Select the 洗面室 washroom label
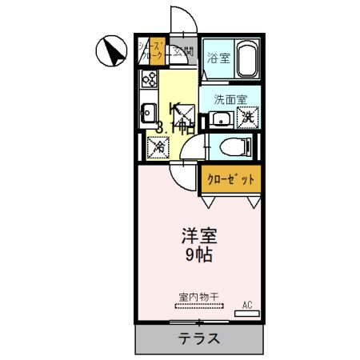230,100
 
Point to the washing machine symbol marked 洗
249,118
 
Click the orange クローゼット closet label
230,179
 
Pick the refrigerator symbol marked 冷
158,146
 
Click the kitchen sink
148,113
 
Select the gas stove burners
149,79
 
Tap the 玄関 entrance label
183,52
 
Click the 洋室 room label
198,238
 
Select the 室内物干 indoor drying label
198,297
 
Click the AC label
247,305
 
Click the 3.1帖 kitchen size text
174,126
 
